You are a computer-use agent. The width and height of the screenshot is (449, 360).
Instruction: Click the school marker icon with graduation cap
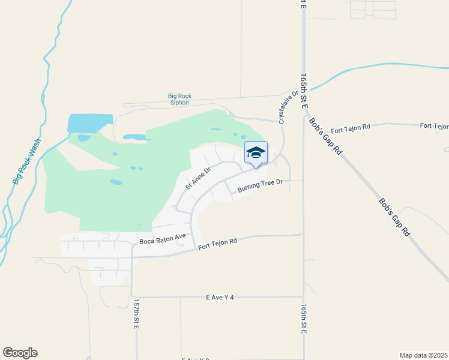256,154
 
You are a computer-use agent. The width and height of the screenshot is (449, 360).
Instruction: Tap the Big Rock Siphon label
179,99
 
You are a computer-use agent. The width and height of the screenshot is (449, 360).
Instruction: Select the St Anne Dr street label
198,178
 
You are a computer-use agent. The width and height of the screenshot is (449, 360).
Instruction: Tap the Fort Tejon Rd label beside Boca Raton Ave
218,242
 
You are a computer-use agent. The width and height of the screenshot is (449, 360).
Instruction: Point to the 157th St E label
136,314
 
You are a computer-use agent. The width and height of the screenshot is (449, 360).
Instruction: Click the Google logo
20,353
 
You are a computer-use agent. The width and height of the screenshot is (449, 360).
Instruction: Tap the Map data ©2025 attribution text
423,355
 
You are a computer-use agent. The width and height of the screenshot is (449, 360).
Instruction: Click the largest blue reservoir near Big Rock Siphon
89,123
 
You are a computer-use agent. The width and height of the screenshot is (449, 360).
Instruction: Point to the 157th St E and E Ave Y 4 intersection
131,297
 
